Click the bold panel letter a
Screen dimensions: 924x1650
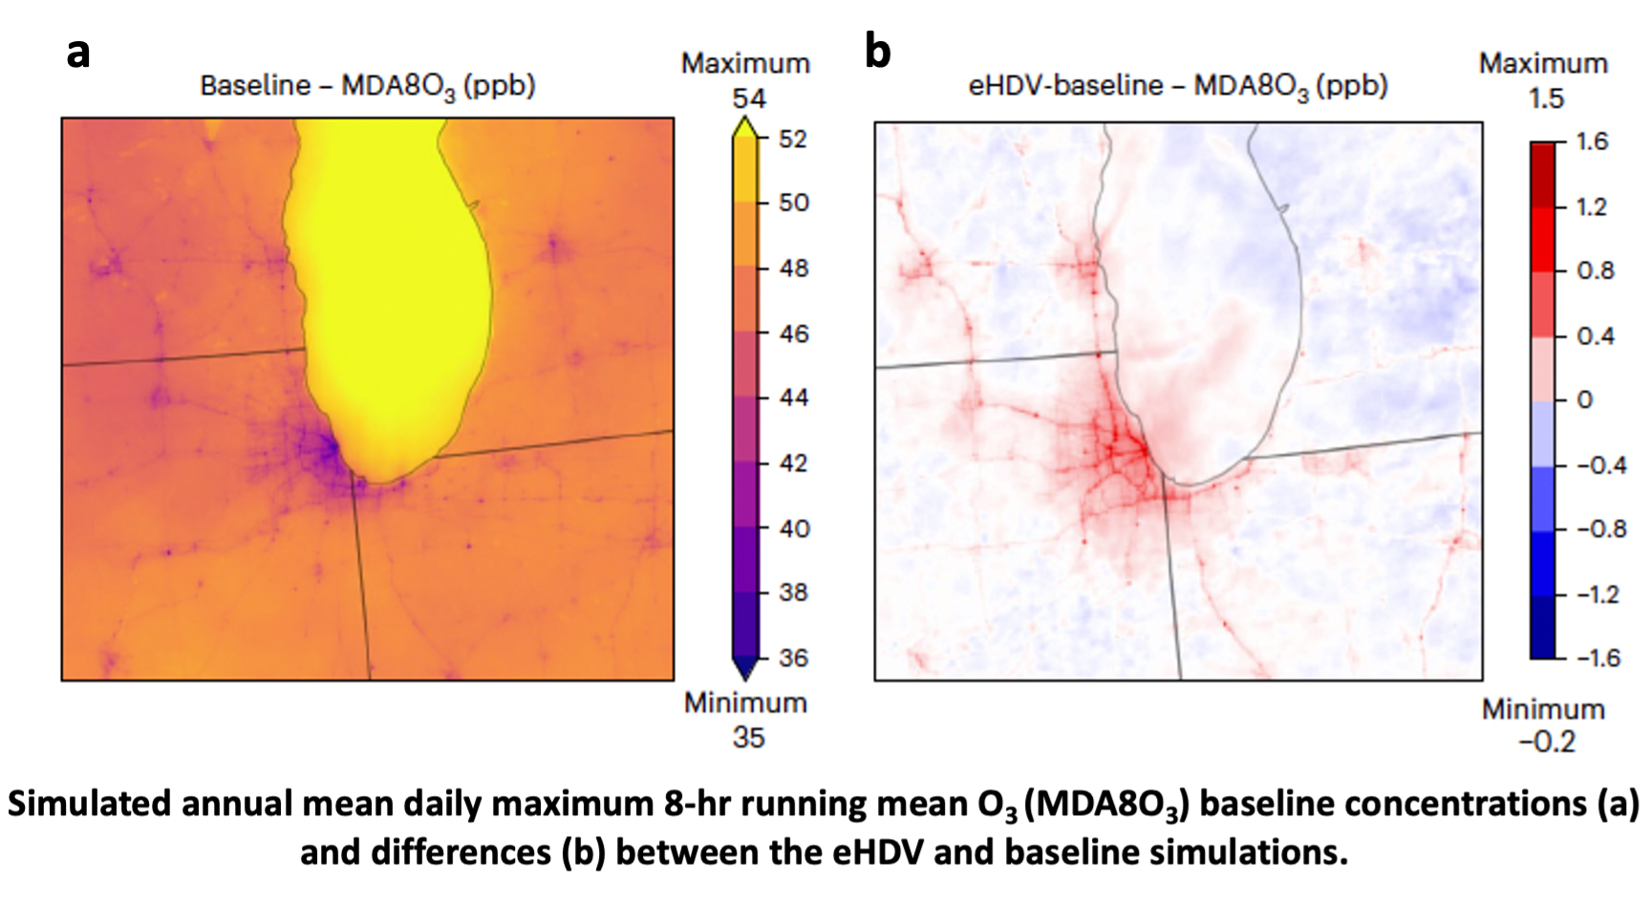tap(78, 53)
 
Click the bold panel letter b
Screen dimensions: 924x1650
tap(877, 52)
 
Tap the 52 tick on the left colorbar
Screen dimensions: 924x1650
tap(792, 140)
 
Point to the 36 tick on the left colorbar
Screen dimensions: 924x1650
tap(792, 657)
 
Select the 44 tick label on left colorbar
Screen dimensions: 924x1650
tap(792, 398)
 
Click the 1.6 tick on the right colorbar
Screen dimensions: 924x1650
tap(1592, 142)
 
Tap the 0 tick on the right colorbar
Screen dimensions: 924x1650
tap(1584, 399)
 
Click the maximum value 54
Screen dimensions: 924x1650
tap(749, 98)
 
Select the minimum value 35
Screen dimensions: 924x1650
tap(748, 738)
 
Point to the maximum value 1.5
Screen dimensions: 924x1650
tap(1546, 98)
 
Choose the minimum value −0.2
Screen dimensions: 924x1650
tap(1547, 741)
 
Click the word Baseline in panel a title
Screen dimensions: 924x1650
tap(255, 86)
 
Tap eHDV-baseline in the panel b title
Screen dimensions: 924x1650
tap(1065, 86)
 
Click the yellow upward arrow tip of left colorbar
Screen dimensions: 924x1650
tap(745, 125)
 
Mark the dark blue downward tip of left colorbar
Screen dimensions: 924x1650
tap(745, 671)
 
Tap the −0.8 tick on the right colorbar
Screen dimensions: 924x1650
tap(1600, 529)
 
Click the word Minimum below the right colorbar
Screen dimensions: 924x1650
tap(1543, 709)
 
